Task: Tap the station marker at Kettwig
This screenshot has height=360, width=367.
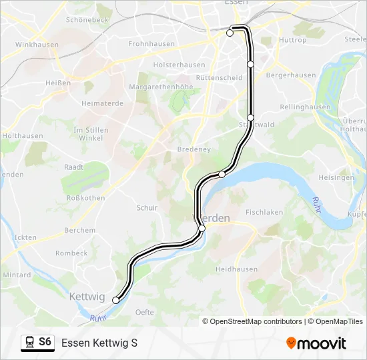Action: click(x=115, y=301)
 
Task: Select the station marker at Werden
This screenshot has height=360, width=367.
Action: click(x=202, y=228)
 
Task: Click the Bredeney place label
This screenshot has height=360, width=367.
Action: click(x=194, y=149)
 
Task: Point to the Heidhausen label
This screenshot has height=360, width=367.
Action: click(x=236, y=269)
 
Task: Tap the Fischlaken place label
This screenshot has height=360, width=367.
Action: click(x=264, y=212)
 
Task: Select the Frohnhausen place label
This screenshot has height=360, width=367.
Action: click(x=151, y=44)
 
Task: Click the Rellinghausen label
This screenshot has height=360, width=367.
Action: click(x=305, y=107)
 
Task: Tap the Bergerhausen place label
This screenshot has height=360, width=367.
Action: click(x=291, y=75)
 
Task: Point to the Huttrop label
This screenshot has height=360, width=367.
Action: click(x=293, y=40)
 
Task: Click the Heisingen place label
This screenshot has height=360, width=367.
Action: click(x=336, y=178)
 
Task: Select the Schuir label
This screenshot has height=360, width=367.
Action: click(x=147, y=208)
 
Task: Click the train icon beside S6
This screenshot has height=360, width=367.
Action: click(x=29, y=343)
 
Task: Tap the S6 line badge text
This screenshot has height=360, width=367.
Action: click(x=45, y=342)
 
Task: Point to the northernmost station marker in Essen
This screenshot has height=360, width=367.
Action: click(x=230, y=33)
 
